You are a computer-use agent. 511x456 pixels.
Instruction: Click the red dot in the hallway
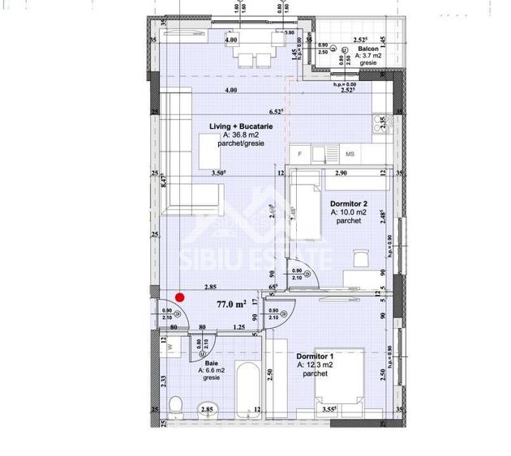pyautogui.click(x=181, y=297)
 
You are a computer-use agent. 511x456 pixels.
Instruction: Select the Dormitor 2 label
pyautogui.click(x=349, y=204)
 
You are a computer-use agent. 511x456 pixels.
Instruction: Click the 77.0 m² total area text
pyautogui.click(x=231, y=305)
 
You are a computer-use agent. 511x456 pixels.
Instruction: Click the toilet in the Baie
pyautogui.click(x=175, y=405)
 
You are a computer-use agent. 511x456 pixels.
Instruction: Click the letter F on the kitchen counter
pyautogui.click(x=300, y=153)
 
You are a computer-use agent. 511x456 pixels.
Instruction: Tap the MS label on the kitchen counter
pyautogui.click(x=350, y=153)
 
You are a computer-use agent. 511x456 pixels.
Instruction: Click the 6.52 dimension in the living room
pyautogui.click(x=278, y=112)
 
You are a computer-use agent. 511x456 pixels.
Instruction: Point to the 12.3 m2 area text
pyautogui.click(x=315, y=365)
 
